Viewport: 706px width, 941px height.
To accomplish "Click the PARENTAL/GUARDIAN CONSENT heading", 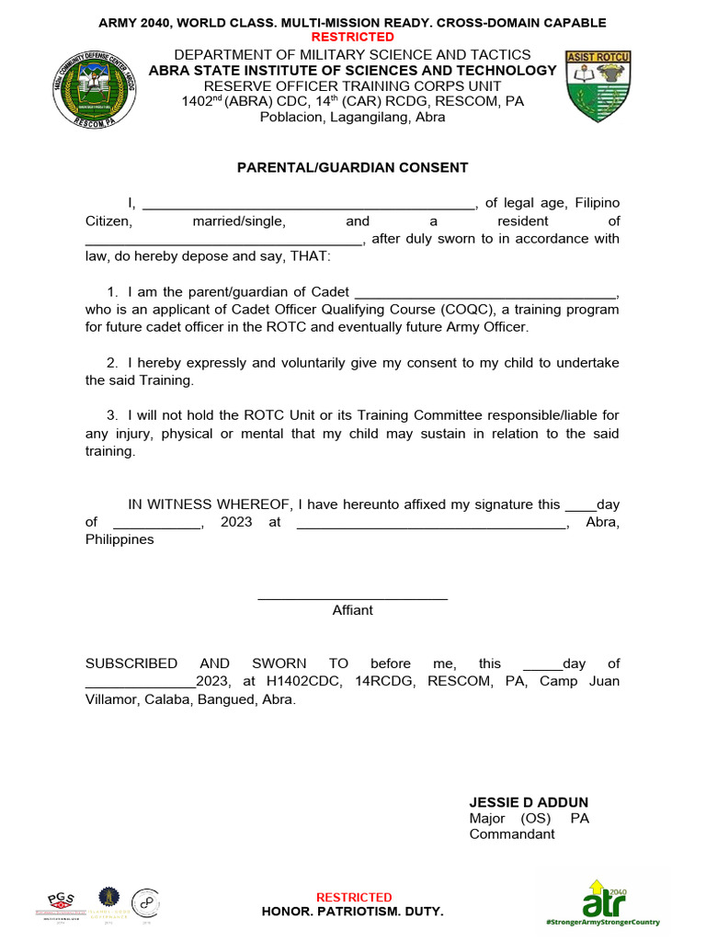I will click(x=352, y=167).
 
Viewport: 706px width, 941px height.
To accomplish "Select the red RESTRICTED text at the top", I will click(x=352, y=37).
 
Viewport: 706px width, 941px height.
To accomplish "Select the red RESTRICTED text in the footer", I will click(x=354, y=897).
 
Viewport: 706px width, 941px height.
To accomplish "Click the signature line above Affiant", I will click(x=352, y=598).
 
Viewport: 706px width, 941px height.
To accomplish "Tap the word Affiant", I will click(x=352, y=610).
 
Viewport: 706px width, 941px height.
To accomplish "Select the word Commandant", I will click(x=512, y=834).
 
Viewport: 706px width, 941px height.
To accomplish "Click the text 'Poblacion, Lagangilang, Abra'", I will click(x=352, y=117).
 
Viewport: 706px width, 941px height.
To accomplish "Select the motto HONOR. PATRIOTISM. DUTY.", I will click(x=352, y=911).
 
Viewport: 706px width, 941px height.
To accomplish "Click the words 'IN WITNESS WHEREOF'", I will click(x=209, y=505).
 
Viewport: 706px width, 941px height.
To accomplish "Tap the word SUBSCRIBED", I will click(x=131, y=663).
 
